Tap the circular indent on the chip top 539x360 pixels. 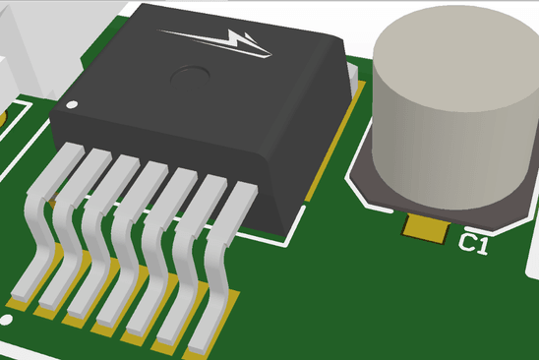click(x=190, y=72)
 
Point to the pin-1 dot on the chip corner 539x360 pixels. click(x=70, y=104)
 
